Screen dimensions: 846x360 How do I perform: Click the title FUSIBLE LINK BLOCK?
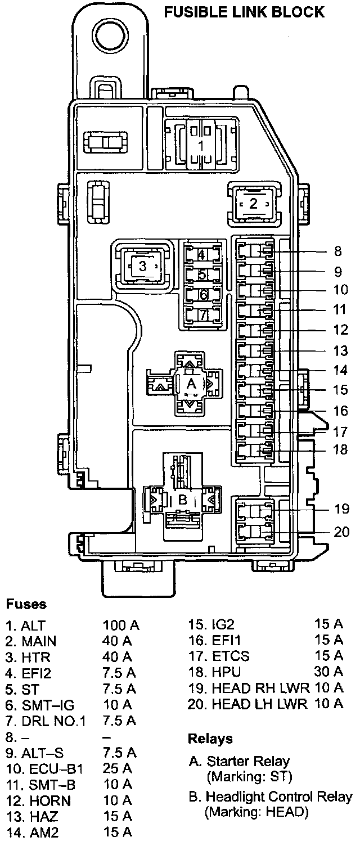click(x=244, y=11)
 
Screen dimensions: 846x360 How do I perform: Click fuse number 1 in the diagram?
click(x=200, y=145)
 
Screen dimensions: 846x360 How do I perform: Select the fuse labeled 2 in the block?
click(x=253, y=203)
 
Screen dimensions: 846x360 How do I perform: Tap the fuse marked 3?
click(x=142, y=265)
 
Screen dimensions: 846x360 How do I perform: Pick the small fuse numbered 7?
click(x=202, y=313)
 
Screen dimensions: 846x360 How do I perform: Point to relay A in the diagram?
click(x=191, y=384)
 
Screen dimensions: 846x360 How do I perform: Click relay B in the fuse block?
click(x=182, y=499)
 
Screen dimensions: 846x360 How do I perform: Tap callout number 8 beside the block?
click(x=337, y=251)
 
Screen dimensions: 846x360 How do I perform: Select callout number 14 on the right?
click(x=337, y=371)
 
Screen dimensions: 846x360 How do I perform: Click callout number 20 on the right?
click(x=341, y=532)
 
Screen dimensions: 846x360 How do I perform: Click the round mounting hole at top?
click(x=111, y=36)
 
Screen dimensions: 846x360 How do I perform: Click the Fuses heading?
click(x=26, y=605)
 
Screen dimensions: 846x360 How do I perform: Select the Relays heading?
click(x=210, y=738)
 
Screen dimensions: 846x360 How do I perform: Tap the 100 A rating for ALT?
click(x=121, y=625)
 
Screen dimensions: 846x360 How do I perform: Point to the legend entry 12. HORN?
click(x=38, y=800)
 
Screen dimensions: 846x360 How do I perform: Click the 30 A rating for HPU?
click(x=329, y=672)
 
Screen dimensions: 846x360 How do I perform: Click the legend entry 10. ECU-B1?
click(x=44, y=768)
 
